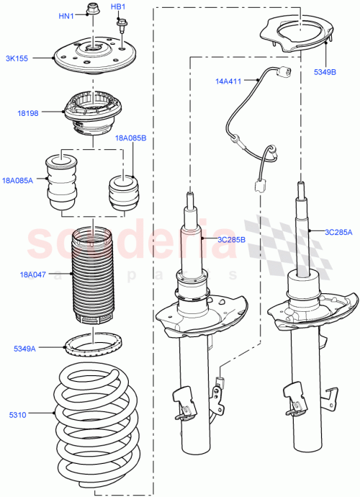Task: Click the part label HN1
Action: tap(66, 16)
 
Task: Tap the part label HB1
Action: tap(118, 7)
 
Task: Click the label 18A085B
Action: tap(132, 138)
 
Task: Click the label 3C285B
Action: tap(232, 239)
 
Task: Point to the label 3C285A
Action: tap(338, 232)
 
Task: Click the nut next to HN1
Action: tap(91, 9)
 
